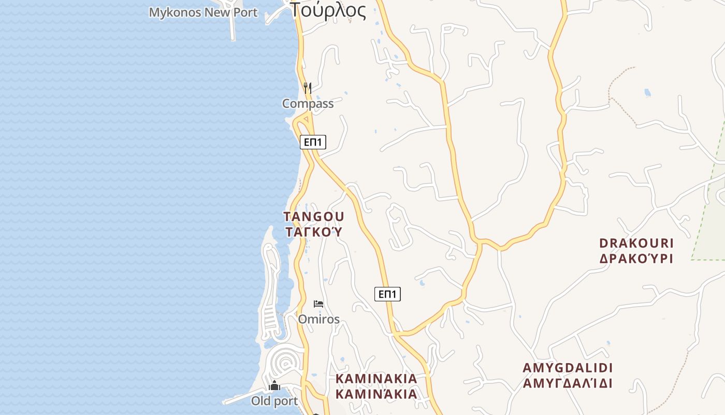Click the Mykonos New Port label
point(203,12)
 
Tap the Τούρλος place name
point(328,10)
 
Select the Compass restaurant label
point(308,104)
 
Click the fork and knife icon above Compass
point(308,88)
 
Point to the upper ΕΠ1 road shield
point(313,142)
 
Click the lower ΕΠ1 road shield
point(387,295)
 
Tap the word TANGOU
point(314,216)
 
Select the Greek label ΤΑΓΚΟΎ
point(314,232)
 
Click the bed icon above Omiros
point(318,303)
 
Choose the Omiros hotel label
point(318,319)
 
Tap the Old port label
point(274,401)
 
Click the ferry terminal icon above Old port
point(274,386)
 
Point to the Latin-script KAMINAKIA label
point(376,379)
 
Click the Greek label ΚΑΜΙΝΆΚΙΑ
point(376,394)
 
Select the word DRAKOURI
point(636,243)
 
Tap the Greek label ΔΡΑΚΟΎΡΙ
point(636,258)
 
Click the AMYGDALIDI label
point(568,368)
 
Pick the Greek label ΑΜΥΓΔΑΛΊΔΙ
point(568,384)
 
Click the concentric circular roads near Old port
point(283,362)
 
